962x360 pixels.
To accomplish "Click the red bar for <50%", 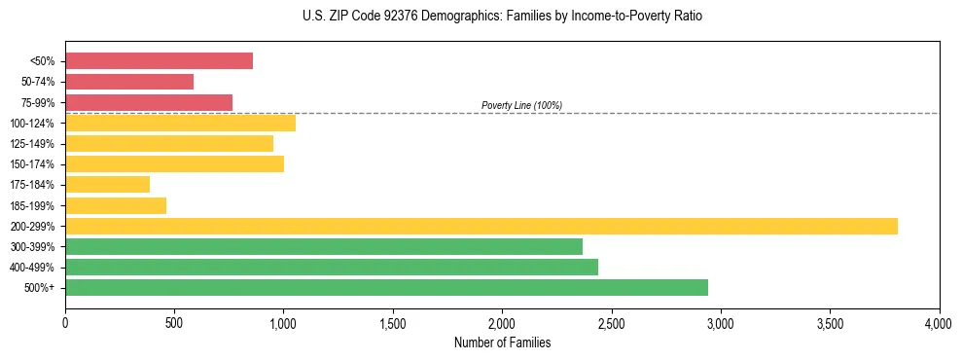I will [x=159, y=61].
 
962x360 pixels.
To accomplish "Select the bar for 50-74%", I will [x=129, y=82].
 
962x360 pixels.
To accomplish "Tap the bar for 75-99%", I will [x=149, y=102].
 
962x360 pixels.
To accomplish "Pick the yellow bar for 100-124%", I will [x=180, y=123].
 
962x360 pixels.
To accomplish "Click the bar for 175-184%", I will [x=107, y=184].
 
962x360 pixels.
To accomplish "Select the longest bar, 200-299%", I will [x=481, y=226].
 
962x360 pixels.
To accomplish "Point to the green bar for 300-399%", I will [x=324, y=246].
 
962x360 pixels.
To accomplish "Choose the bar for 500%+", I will [x=386, y=287].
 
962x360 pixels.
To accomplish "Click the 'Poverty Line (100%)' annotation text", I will [x=521, y=105].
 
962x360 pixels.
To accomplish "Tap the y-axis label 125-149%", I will [x=32, y=144].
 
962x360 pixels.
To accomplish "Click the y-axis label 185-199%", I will [x=32, y=205].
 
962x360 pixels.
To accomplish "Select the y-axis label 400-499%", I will [x=32, y=268].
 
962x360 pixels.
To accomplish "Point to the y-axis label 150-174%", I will [x=32, y=164].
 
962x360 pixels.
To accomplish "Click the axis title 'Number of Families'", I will [x=502, y=342].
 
